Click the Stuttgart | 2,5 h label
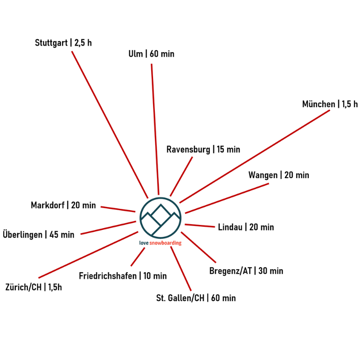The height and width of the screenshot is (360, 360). (63, 43)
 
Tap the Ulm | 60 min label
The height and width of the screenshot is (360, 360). (151, 54)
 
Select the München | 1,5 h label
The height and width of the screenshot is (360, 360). (330, 104)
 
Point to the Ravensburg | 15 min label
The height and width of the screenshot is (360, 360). (203, 149)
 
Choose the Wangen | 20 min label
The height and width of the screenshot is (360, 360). (279, 175)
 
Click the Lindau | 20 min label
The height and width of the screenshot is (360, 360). (246, 227)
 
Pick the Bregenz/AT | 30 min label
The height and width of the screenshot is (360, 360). (246, 271)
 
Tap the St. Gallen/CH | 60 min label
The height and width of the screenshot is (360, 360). (196, 298)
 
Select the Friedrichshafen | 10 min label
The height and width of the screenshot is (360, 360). (122, 276)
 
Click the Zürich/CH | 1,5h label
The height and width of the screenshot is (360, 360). (33, 287)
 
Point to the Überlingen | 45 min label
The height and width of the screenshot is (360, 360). (38, 234)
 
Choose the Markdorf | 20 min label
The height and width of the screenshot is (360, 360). (63, 205)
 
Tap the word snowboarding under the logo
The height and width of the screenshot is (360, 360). (166, 243)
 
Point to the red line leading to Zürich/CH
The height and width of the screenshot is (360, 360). (88, 255)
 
